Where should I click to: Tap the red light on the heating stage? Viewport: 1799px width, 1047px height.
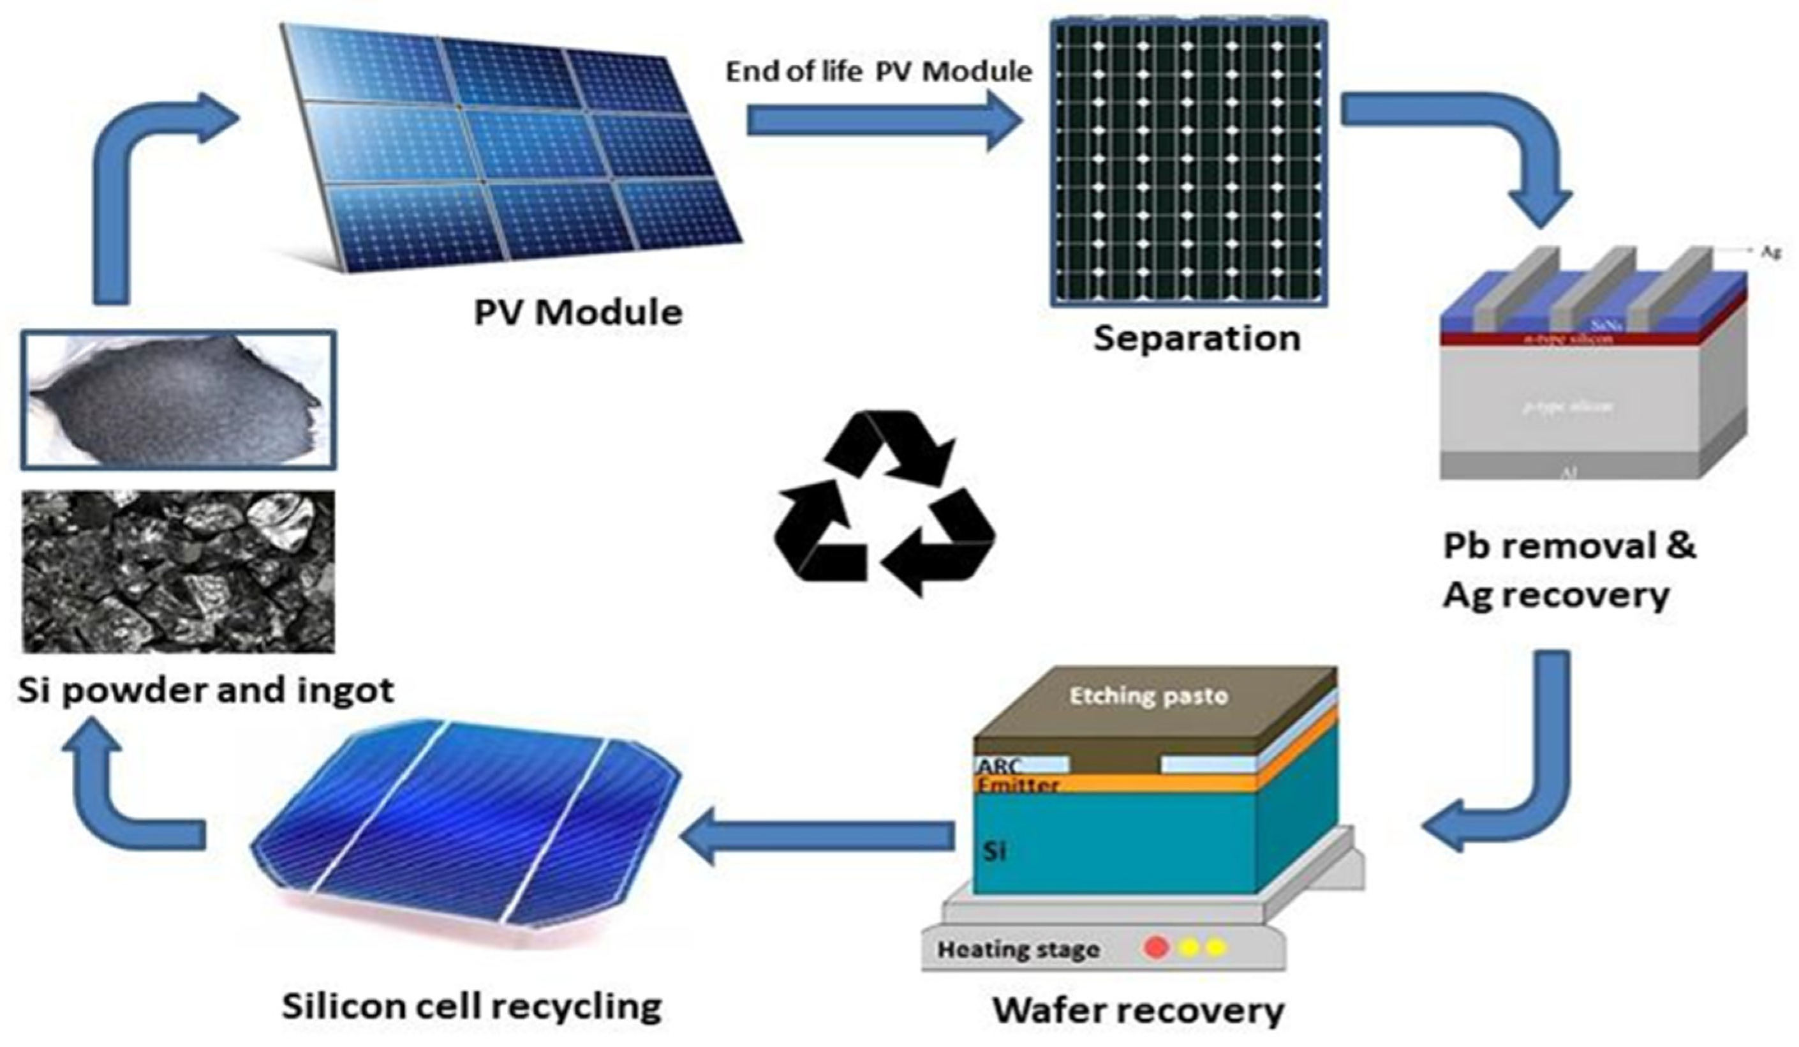tap(1156, 948)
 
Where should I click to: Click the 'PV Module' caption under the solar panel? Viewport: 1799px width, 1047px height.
tap(578, 313)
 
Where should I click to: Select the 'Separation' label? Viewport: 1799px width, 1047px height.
tap(1197, 338)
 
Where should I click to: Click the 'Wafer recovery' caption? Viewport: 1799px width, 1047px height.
tap(1139, 1010)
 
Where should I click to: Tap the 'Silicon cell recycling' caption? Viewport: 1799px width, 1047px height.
tap(472, 1006)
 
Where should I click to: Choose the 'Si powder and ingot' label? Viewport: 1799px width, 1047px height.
tap(205, 691)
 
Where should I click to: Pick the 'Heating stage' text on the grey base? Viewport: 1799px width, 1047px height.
tap(1018, 950)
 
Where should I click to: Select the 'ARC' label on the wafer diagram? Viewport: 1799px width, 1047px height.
tap(1000, 765)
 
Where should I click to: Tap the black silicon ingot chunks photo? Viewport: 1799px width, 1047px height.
tap(179, 571)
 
